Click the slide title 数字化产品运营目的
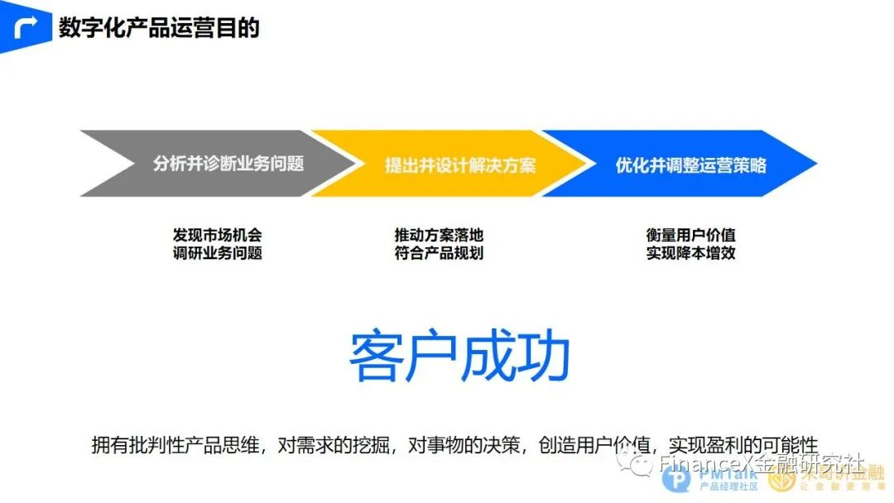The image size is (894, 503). coord(159,27)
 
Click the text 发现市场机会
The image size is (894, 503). coord(218,235)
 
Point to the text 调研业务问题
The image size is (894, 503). coord(218,253)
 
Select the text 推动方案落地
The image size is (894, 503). coord(439,235)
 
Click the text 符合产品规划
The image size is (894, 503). coord(439,253)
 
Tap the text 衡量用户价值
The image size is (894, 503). coord(690,235)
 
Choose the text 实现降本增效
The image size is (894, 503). coord(690,253)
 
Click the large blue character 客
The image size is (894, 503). coord(377,358)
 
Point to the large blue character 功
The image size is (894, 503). coord(543,358)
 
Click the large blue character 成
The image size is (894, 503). coord(488,358)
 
